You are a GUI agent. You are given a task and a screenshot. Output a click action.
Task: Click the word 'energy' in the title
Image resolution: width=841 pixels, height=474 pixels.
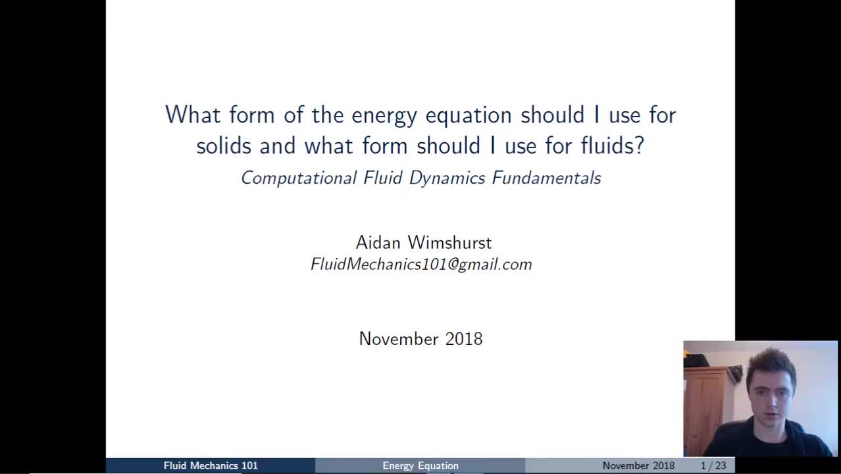tap(384, 116)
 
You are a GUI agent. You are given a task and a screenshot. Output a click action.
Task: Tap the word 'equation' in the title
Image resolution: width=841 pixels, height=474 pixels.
tap(469, 116)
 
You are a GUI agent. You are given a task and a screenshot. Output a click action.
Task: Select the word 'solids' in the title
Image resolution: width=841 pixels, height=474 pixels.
tap(223, 145)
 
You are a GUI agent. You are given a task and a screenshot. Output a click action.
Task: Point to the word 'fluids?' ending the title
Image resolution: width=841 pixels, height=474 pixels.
tap(613, 145)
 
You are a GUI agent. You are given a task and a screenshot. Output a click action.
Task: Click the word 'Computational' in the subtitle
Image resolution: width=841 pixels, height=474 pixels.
tap(299, 178)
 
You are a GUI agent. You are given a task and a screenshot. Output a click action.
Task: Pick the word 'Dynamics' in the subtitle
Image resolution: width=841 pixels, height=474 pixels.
tap(447, 178)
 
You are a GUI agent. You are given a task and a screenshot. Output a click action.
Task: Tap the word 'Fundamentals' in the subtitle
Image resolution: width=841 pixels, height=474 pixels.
tap(547, 178)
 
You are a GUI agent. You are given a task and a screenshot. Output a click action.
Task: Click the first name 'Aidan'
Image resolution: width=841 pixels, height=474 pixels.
tap(378, 243)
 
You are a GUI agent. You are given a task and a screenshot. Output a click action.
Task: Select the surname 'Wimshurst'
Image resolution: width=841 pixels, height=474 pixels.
tap(450, 243)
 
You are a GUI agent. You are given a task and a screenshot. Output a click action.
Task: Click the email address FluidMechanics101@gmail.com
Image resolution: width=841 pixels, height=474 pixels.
tap(421, 265)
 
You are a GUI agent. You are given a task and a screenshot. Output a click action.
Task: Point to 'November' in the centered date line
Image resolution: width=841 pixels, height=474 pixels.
tap(399, 339)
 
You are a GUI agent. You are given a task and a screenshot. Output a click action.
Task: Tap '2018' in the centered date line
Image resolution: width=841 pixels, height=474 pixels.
tap(464, 339)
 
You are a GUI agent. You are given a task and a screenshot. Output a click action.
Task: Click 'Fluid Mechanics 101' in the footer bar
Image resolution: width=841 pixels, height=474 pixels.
tap(211, 465)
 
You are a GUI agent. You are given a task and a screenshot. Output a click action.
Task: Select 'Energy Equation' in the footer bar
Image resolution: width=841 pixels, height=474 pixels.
tap(420, 466)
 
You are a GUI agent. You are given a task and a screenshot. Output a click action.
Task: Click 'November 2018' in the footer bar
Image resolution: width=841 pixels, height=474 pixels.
tap(638, 465)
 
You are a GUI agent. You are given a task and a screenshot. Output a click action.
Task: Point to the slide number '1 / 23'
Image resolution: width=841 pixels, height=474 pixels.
tap(713, 465)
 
